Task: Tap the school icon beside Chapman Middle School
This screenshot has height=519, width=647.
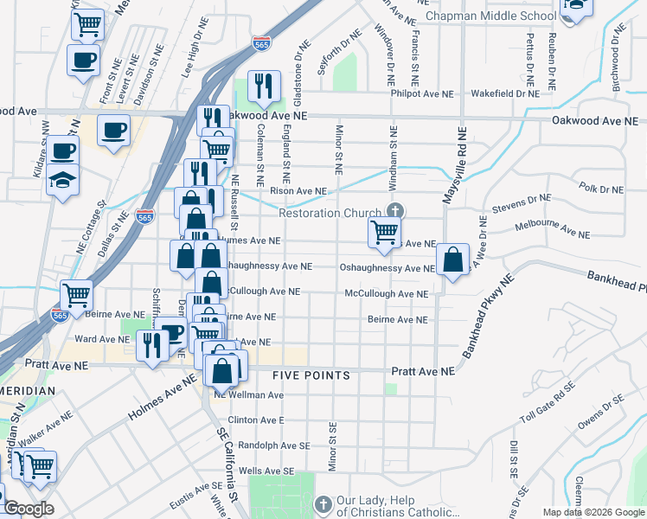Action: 575,7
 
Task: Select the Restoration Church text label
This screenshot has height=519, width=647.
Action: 330,214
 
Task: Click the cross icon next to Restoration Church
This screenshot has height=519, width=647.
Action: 395,210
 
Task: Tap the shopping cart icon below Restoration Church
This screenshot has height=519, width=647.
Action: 384,232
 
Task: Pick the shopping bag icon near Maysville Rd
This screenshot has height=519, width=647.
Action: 452,259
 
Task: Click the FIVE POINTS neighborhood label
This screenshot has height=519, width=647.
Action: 311,375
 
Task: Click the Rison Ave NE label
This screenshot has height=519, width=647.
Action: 298,190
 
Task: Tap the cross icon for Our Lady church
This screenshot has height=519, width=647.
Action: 323,503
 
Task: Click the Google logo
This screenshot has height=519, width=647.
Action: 29,509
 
